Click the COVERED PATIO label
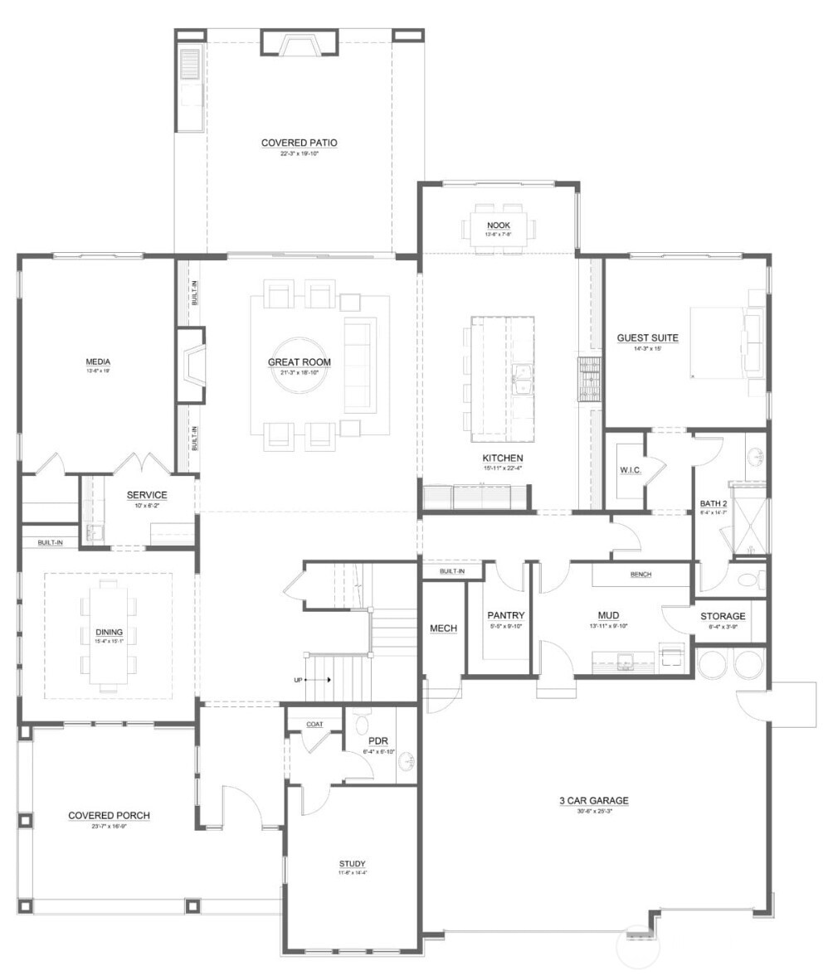tap(299, 143)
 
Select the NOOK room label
tap(498, 226)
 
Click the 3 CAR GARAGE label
tap(593, 800)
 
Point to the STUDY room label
tap(352, 863)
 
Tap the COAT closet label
tap(314, 724)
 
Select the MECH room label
tap(443, 628)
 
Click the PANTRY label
tap(505, 615)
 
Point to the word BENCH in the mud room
tap(640, 574)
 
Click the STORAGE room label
tap(722, 616)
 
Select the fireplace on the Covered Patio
tap(299, 43)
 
